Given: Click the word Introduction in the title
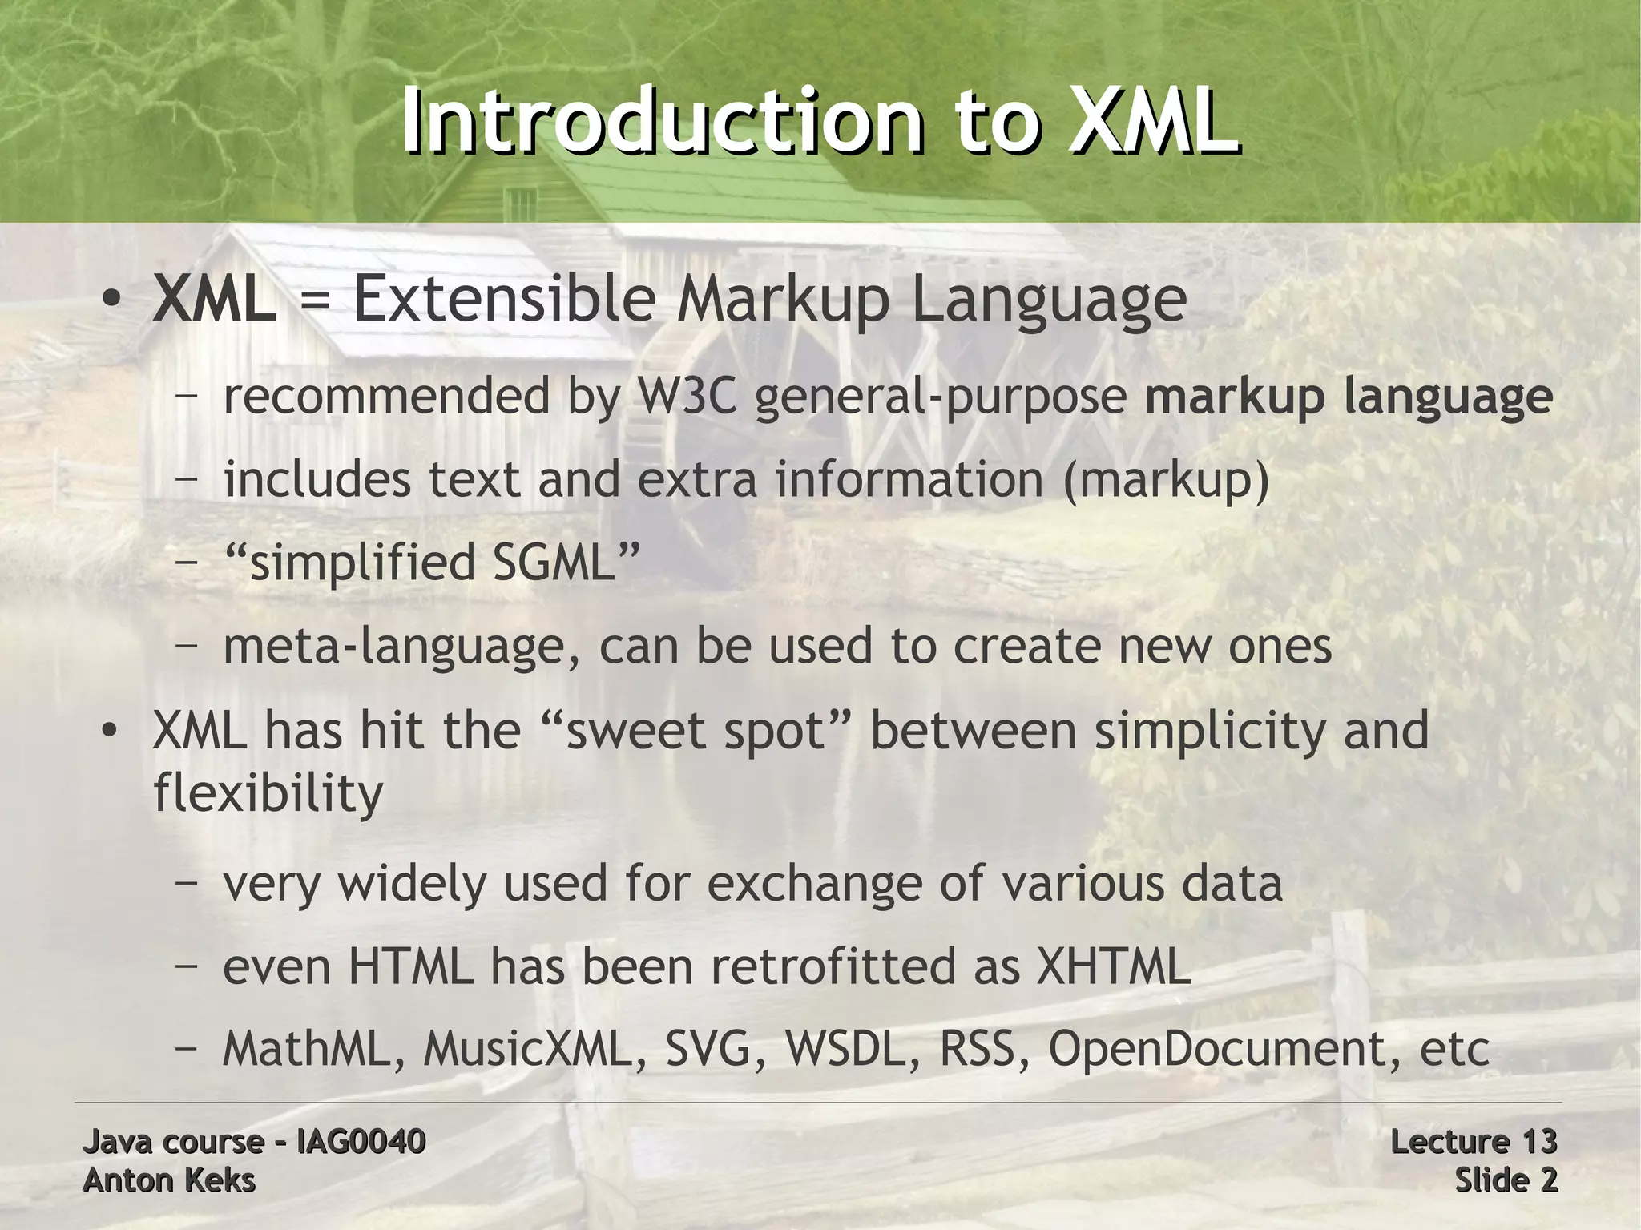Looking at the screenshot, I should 661,122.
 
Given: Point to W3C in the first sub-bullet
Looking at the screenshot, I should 685,397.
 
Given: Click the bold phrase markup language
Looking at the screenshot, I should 1349,398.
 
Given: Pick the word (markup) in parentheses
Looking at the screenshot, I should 1166,480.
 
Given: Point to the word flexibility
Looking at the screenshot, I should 268,793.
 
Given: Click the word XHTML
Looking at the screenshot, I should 1114,966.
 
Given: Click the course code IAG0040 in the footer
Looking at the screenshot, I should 361,1141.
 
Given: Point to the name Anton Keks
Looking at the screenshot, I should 169,1180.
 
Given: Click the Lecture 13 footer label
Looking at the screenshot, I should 1473,1141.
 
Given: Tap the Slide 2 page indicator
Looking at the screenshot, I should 1506,1180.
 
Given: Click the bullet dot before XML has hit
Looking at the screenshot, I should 111,732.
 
